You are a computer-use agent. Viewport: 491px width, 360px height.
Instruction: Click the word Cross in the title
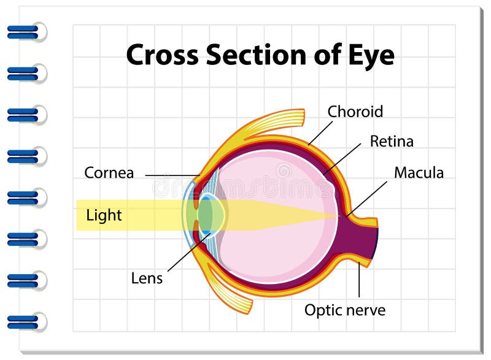[x=163, y=55]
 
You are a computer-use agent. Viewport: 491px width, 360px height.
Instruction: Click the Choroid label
[x=355, y=112]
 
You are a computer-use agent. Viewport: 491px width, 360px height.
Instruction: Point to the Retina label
[x=392, y=142]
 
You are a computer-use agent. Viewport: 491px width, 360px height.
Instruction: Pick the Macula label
[x=419, y=173]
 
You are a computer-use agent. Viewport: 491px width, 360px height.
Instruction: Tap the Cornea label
[x=109, y=173]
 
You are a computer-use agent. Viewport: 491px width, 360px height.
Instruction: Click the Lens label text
[x=147, y=278]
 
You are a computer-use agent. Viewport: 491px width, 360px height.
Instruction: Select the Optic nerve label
[x=345, y=310]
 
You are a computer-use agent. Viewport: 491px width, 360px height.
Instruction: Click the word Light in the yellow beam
[x=104, y=215]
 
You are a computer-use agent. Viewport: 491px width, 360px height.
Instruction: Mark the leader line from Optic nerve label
[x=359, y=282]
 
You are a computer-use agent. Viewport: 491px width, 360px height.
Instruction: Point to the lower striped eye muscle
[x=230, y=288]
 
